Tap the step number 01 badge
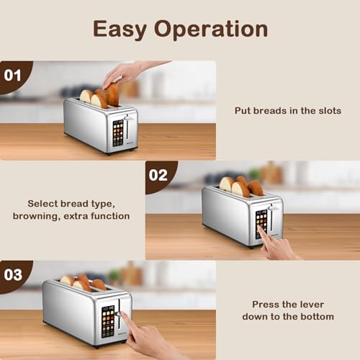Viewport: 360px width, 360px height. tap(13, 74)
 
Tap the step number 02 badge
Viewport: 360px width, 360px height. tap(158, 175)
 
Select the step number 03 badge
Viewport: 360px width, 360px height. tap(13, 275)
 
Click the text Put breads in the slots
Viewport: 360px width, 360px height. tap(287, 111)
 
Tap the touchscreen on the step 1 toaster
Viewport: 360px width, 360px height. tap(118, 133)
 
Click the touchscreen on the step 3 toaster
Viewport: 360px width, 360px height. tap(107, 320)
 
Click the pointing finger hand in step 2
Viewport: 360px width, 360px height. tap(279, 246)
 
